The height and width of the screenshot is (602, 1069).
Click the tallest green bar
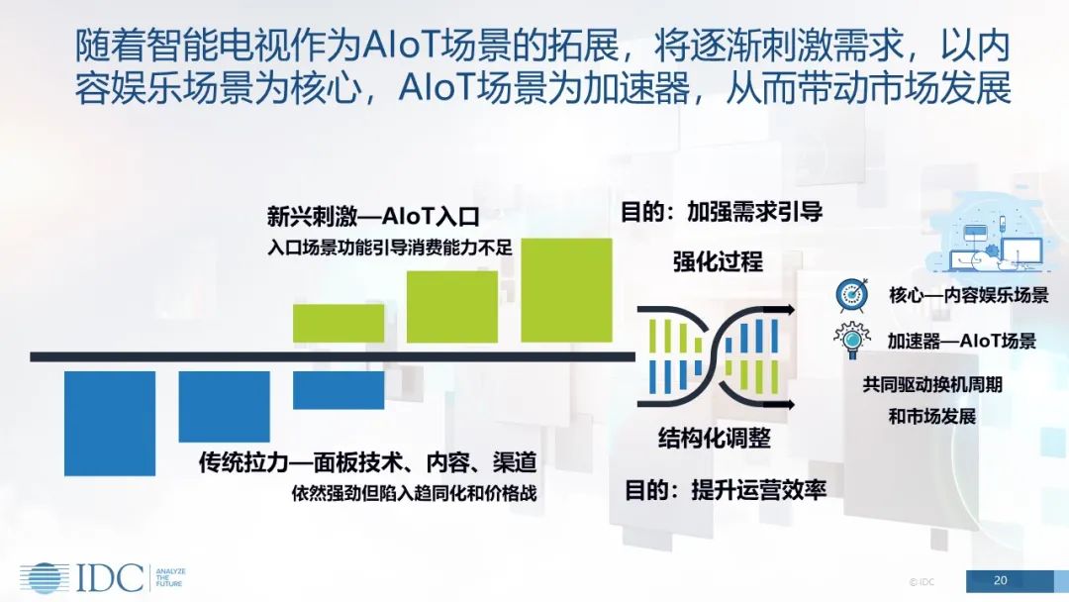pos(566,290)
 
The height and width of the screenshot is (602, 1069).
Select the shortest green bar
pos(339,323)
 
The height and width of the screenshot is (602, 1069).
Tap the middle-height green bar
pos(452,306)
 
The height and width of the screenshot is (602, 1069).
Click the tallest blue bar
pos(110,424)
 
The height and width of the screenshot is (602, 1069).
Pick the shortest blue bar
pos(339,390)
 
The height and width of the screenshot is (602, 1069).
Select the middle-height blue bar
pos(225,407)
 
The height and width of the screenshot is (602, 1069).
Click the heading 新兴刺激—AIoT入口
pos(373,217)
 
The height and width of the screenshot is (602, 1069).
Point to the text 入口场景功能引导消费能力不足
pos(389,247)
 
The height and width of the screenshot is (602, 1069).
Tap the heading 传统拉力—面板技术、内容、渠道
pos(367,463)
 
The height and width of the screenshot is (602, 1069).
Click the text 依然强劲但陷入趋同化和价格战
pos(414,493)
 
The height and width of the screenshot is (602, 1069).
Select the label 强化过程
pos(718,261)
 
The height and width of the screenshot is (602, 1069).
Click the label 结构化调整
pos(714,438)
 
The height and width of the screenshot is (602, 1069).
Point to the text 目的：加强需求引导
pos(722,212)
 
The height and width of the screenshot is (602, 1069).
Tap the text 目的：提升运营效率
pos(726,489)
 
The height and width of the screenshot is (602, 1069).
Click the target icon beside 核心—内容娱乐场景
pos(851,295)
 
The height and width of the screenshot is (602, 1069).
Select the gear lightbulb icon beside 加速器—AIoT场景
pos(851,341)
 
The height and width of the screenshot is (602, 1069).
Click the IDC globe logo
pos(45,578)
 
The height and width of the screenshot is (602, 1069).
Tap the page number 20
pos(1000,581)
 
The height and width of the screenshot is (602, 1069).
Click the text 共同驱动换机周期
pos(932,384)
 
